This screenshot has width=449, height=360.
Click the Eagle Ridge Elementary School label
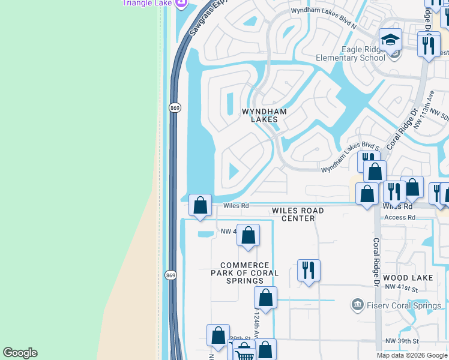click(355, 53)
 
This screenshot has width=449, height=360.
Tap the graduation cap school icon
click(390, 41)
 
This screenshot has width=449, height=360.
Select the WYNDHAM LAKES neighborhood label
click(264, 115)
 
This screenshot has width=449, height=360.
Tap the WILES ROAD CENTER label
click(298, 214)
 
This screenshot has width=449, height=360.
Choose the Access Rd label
click(400, 217)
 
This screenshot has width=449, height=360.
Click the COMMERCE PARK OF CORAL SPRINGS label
click(249, 272)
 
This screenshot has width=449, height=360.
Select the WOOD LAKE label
click(408, 278)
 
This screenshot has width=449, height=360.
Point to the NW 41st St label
click(401, 289)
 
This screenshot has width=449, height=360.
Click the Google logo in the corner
click(20, 353)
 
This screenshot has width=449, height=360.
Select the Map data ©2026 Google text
click(412, 355)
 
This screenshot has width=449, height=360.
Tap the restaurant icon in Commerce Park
click(309, 271)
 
